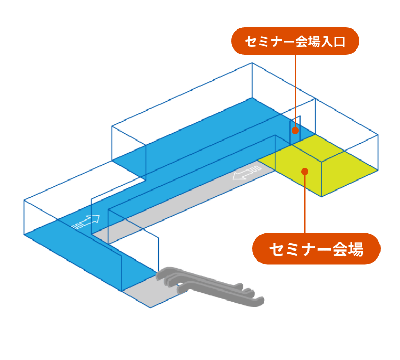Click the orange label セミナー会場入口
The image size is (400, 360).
(x=295, y=41)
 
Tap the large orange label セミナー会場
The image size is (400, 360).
(x=316, y=248)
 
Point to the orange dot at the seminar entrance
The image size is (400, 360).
(x=295, y=130)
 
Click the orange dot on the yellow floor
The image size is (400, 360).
(x=304, y=171)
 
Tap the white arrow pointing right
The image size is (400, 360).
(x=86, y=222)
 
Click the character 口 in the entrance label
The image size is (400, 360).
(x=339, y=42)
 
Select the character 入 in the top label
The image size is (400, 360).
(x=327, y=42)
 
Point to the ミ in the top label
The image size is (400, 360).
(x=263, y=42)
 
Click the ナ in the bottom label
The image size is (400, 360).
(x=308, y=249)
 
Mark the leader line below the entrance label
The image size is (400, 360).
(x=295, y=89)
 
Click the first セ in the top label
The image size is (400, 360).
(x=251, y=42)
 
